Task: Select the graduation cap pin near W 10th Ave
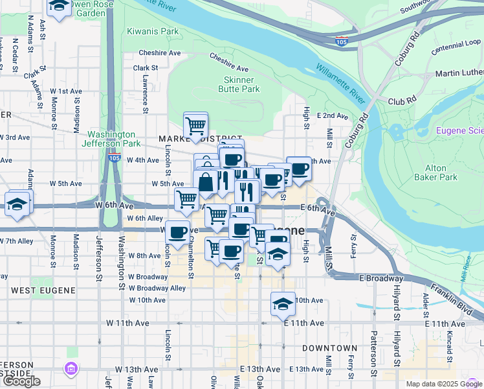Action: point(283,303)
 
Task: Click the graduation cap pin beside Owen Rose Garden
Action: point(59,6)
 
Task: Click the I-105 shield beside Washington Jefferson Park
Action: point(114,158)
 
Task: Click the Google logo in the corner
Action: point(21,381)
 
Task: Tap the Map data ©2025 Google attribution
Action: point(444,384)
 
